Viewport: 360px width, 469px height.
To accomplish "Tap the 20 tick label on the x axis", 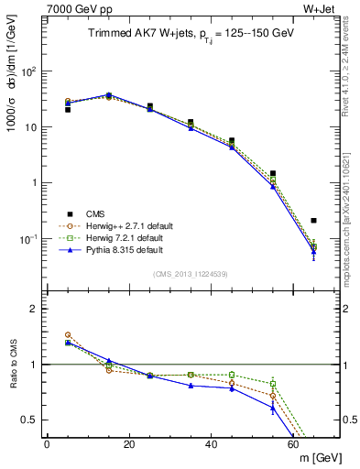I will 129,444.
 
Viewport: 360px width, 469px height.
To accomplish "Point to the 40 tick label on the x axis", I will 212,444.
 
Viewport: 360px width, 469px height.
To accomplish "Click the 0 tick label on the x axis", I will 47,444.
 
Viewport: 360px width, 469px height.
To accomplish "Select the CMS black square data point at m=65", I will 314,221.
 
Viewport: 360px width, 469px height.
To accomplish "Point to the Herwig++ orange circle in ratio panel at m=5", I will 68,335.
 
